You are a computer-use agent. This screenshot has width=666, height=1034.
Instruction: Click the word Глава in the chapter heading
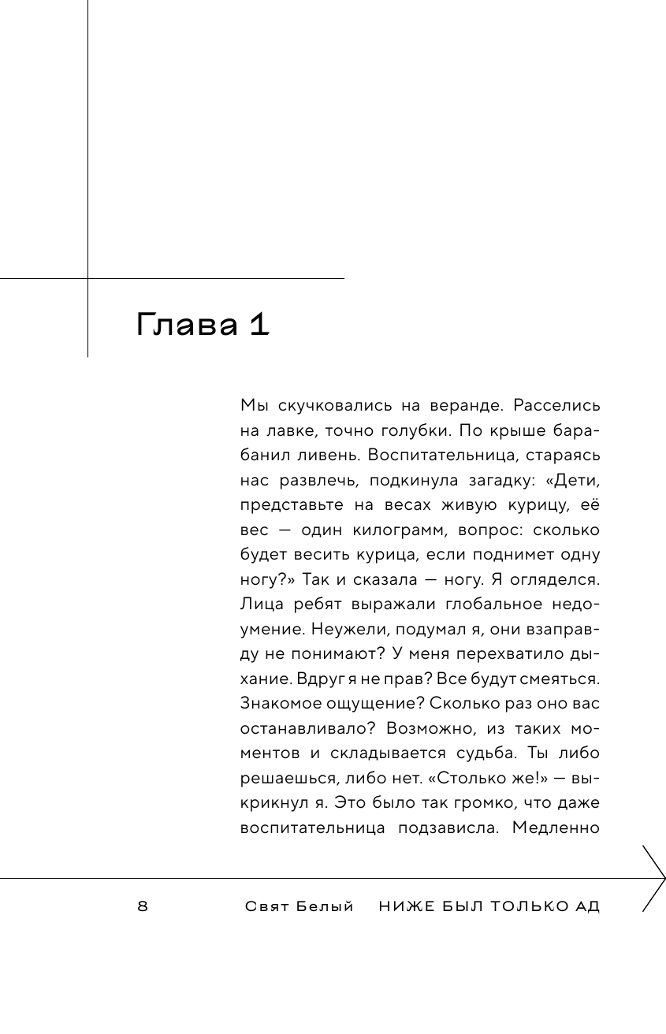tap(186, 325)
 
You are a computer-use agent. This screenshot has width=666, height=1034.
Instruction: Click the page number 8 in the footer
tap(143, 906)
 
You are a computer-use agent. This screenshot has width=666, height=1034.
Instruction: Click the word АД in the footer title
tap(587, 906)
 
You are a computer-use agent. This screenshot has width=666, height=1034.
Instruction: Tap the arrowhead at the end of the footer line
tap(656, 878)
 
